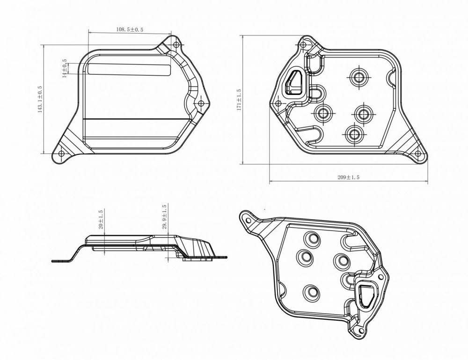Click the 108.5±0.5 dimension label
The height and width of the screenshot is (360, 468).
[130, 29]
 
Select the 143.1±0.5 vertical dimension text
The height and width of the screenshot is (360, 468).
[40, 100]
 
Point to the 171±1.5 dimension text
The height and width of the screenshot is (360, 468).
[239, 100]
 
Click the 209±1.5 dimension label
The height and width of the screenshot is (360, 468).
[348, 177]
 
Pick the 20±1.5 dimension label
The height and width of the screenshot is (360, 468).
[101, 220]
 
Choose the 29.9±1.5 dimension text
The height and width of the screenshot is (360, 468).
[164, 217]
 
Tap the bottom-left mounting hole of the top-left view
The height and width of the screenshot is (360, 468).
[61, 154]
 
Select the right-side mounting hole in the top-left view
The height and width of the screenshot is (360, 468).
[201, 103]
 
